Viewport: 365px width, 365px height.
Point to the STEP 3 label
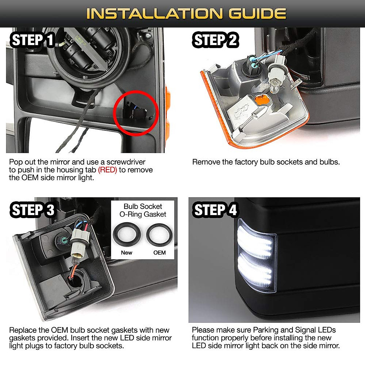(x=33, y=210)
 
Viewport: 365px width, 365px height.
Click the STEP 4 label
(x=215, y=210)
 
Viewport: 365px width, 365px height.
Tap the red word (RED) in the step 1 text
(x=107, y=170)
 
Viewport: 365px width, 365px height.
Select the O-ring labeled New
(x=127, y=235)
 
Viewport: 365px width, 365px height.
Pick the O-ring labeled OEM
(x=159, y=235)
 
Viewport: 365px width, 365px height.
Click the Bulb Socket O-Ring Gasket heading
(x=143, y=210)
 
